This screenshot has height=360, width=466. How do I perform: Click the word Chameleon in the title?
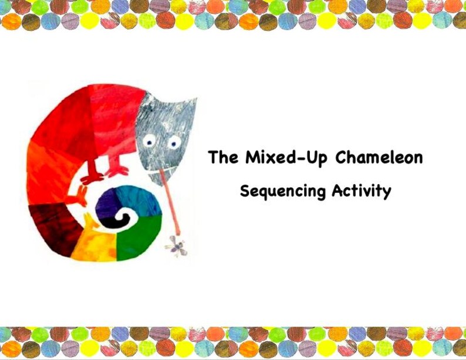pos(379,158)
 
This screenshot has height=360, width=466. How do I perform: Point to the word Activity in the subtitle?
pos(361,191)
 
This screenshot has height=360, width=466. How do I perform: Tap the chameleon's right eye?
pos(174,141)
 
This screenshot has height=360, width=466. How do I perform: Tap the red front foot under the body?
pos(117,171)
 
